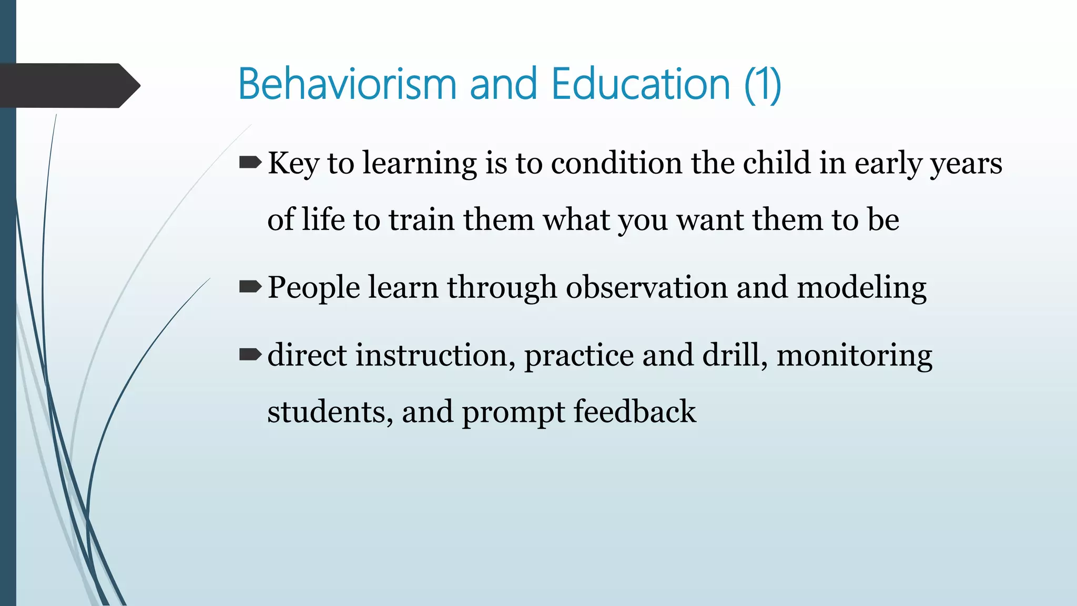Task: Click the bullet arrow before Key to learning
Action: pos(250,163)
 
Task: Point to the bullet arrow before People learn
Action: pos(250,287)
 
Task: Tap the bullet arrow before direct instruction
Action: pos(250,355)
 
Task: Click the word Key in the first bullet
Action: pos(293,164)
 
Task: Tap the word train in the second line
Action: pos(421,220)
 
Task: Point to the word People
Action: pos(314,288)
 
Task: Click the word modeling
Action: pos(861,289)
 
